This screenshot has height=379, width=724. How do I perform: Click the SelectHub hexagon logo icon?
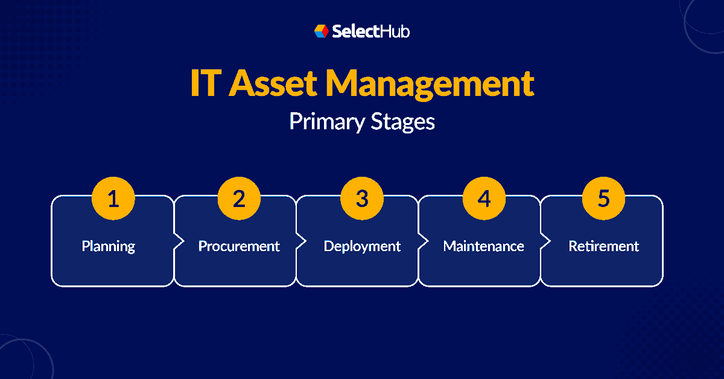pos(321,31)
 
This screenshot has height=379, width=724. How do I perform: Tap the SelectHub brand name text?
pos(370,31)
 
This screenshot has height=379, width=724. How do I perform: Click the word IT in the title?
pos(204,84)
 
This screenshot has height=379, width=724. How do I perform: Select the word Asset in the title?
pos(273,84)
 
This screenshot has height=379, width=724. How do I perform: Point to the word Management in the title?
pos(430,84)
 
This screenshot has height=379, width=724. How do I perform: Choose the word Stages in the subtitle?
pos(402,121)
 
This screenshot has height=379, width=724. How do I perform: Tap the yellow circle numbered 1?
pos(113,199)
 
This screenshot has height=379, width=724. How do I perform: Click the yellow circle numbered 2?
pos(239,199)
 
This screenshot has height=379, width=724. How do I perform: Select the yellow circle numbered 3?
pos(361,199)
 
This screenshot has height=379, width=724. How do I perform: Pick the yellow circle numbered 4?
pos(484,199)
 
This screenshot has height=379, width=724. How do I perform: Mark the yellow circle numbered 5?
pos(603,199)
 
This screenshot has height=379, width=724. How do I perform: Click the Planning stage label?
pos(109,246)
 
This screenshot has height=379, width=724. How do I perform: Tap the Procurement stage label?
pos(239,246)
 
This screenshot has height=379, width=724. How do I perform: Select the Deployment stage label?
pos(362,246)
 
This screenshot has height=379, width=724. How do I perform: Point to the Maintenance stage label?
pos(483,246)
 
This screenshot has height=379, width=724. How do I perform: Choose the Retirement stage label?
pos(603,246)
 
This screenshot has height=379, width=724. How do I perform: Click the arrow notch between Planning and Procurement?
pos(178,241)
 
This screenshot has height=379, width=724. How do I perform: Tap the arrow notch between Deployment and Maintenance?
pos(422,241)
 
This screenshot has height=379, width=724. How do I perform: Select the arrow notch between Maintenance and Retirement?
pos(545,241)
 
